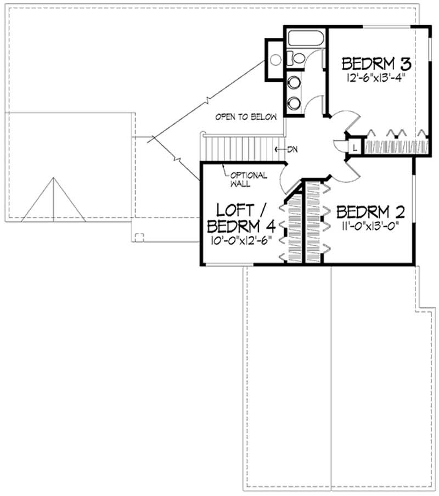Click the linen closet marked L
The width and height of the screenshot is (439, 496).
tap(356, 147)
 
